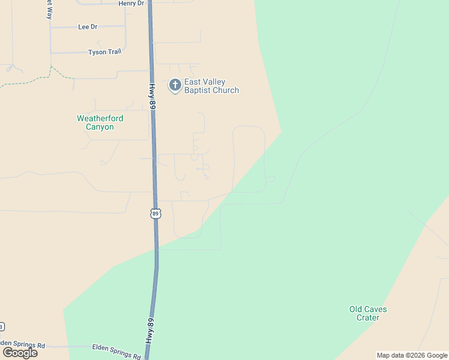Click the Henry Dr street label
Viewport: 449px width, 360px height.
(x=131, y=4)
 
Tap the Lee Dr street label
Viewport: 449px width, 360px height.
(x=88, y=27)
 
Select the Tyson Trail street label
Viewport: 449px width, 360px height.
(x=105, y=52)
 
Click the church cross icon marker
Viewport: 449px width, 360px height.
(x=175, y=85)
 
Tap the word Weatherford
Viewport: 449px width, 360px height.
(x=100, y=118)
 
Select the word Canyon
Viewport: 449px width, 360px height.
(x=100, y=127)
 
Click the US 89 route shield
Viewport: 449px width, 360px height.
(x=155, y=213)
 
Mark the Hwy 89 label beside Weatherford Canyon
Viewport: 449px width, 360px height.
(x=152, y=96)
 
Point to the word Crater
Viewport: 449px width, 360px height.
(x=368, y=318)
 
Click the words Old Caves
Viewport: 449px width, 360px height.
(x=368, y=310)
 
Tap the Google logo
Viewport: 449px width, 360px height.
(x=20, y=353)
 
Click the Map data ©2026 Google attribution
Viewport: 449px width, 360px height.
(x=412, y=355)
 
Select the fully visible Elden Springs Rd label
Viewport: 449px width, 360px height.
(x=116, y=352)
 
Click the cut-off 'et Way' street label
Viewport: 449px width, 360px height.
(x=49, y=10)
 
